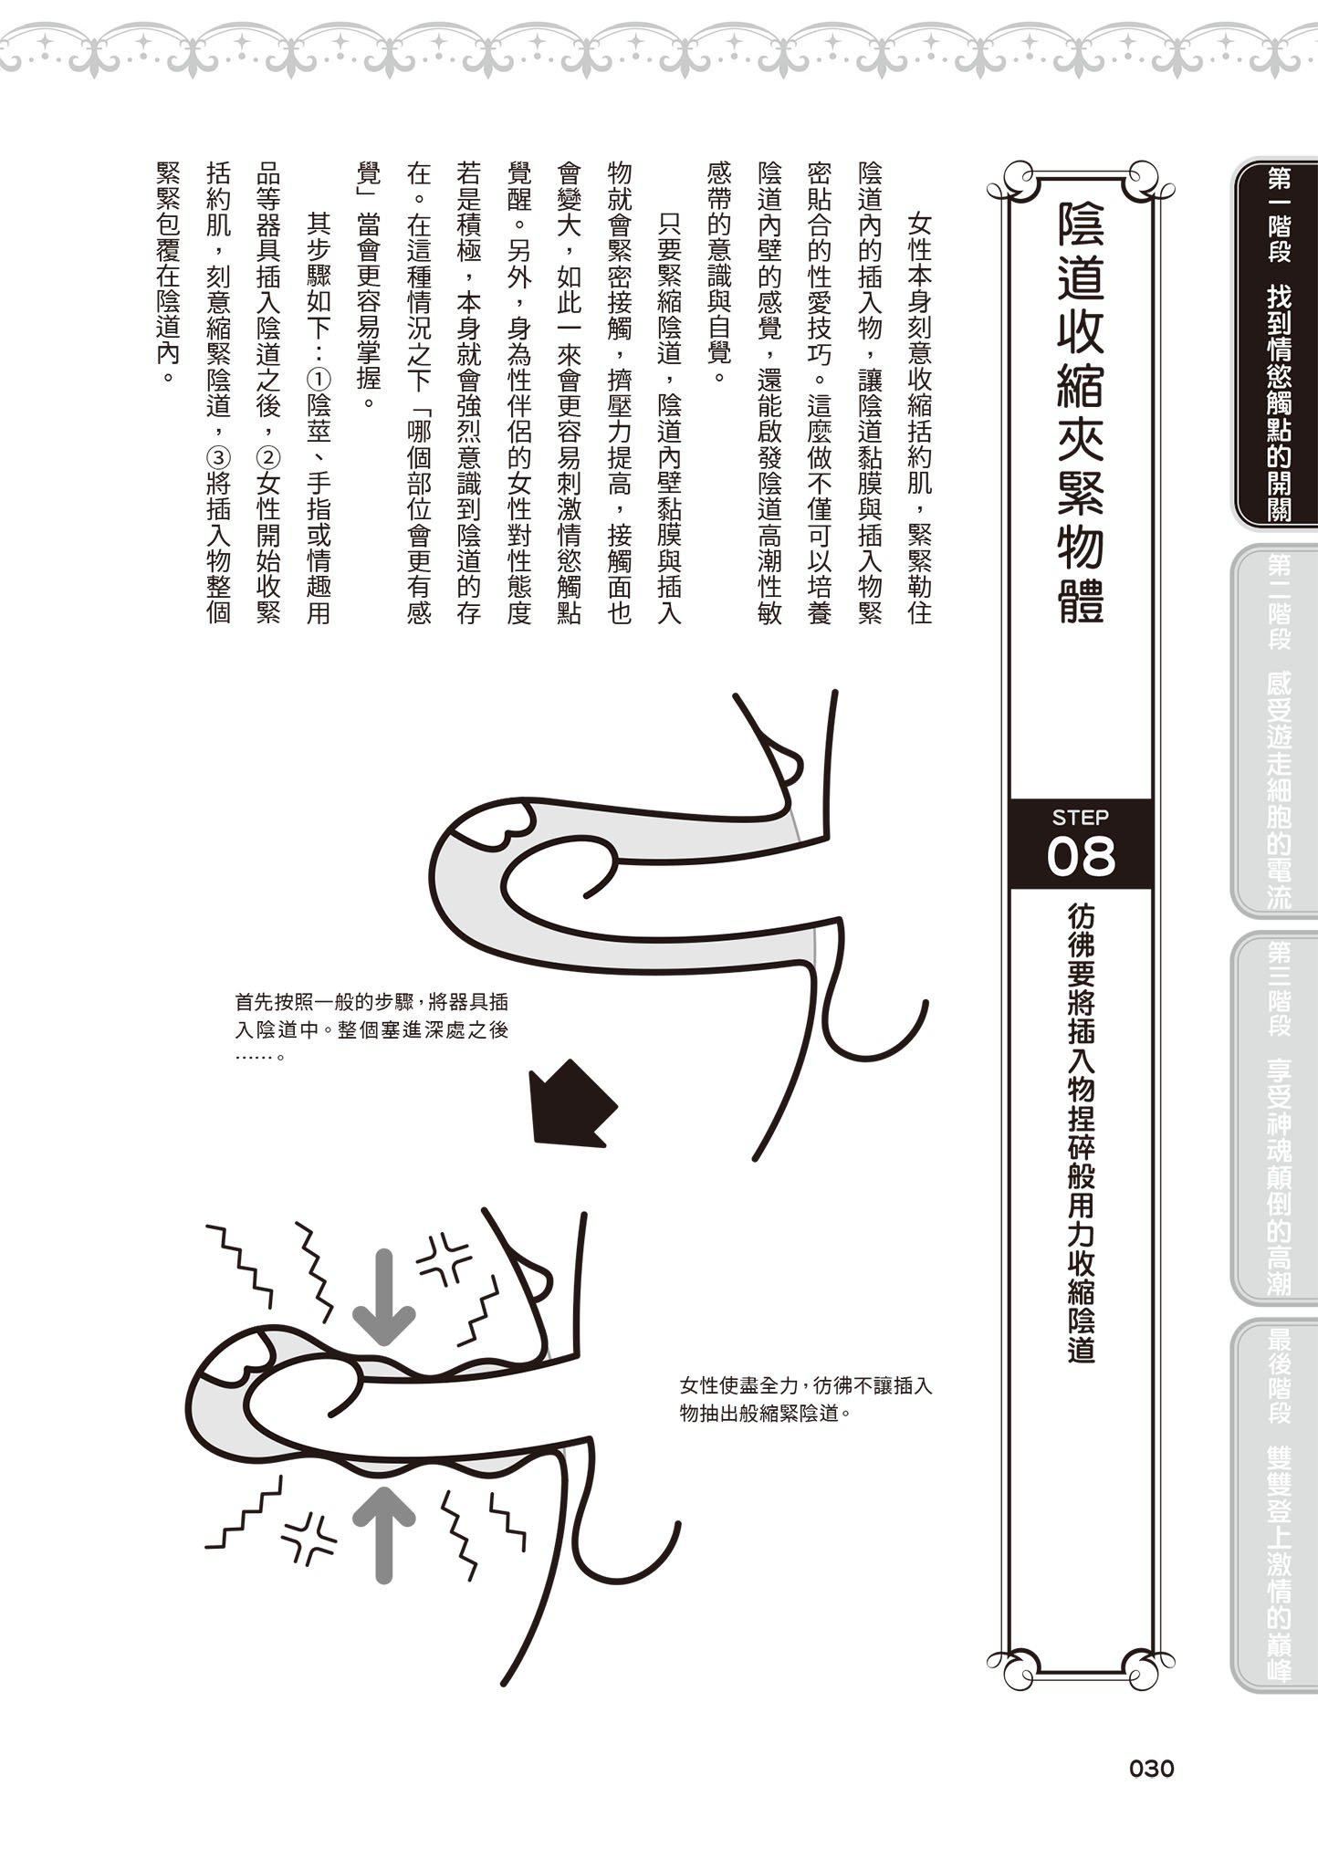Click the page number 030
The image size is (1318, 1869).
[1151, 1769]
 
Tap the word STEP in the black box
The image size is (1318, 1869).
[1080, 817]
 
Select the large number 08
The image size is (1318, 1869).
[1081, 857]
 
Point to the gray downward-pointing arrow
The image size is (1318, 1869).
[384, 1297]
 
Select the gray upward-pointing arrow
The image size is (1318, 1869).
[384, 1533]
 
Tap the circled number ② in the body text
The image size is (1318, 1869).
[269, 455]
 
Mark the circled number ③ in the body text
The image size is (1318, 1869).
[219, 455]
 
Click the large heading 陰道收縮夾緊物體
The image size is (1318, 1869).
[1080, 411]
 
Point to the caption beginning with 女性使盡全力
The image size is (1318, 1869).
[805, 1399]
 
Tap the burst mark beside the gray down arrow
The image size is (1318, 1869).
[444, 1256]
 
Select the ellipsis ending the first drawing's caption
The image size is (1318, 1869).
[258, 1058]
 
